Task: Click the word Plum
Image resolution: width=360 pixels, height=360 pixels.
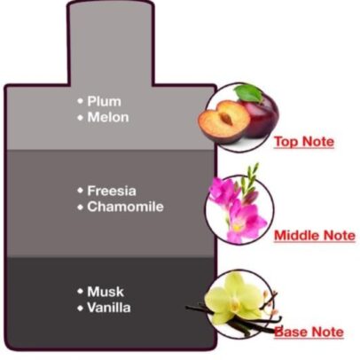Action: click(x=104, y=101)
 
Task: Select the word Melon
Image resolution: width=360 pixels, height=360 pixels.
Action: click(x=108, y=117)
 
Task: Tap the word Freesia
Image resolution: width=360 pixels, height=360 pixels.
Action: click(x=112, y=191)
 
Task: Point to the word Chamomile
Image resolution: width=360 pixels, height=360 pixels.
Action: click(x=125, y=207)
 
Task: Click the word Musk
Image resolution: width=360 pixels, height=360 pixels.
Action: click(x=106, y=292)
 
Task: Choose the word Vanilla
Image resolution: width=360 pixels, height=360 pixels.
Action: click(x=109, y=308)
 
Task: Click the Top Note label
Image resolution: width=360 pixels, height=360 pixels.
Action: click(x=304, y=142)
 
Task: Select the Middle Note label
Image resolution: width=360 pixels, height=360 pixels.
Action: click(x=315, y=236)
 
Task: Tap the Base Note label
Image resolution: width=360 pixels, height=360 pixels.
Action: click(x=309, y=332)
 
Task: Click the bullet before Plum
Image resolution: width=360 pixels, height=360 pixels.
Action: click(x=80, y=101)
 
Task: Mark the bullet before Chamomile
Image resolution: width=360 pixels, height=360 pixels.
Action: click(x=80, y=207)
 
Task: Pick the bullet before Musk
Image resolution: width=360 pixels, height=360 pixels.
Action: click(x=80, y=292)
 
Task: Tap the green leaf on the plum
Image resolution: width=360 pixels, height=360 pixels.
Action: click(x=248, y=93)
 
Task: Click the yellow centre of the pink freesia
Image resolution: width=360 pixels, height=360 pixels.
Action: click(x=238, y=228)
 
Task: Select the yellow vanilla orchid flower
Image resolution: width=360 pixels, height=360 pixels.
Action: click(x=233, y=299)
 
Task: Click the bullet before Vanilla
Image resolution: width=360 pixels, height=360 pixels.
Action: click(x=80, y=308)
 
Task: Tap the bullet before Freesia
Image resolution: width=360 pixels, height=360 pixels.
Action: click(x=80, y=191)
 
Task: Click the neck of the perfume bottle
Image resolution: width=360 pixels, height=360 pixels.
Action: click(x=111, y=44)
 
